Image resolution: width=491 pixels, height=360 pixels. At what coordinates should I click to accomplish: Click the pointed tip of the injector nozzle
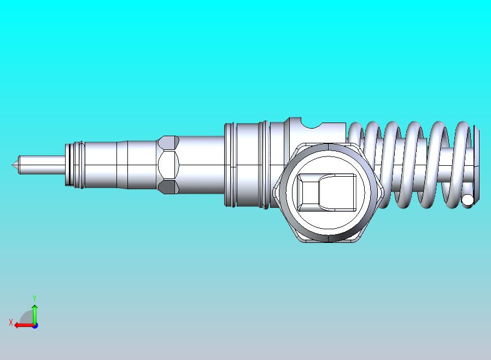coord(12,165)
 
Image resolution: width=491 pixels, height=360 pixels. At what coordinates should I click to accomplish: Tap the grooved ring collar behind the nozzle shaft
coord(74,165)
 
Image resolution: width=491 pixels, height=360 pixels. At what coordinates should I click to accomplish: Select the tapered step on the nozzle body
coord(121,165)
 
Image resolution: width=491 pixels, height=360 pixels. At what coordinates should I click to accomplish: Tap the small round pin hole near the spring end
coord(467,200)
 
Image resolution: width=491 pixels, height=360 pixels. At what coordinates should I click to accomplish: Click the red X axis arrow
coord(22,325)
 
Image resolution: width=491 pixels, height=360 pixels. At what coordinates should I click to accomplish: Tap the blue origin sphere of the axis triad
coord(35,326)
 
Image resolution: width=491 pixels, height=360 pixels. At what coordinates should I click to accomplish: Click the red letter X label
coord(10,323)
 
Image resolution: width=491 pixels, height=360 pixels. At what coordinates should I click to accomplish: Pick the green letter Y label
coord(34,298)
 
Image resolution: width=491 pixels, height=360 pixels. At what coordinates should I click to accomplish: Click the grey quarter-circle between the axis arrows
coord(27,318)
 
